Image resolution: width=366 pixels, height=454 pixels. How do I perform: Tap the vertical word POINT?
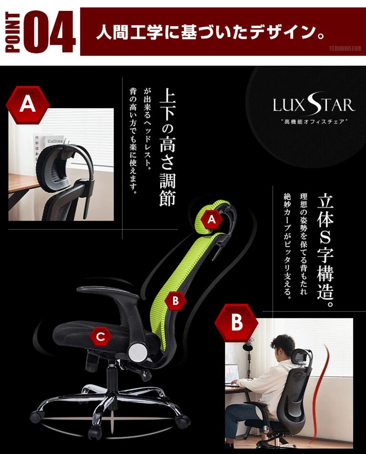click(x=12, y=32)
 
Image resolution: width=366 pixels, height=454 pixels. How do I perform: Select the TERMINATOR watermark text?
click(x=345, y=49)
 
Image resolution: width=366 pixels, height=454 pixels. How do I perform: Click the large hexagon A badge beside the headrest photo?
click(x=28, y=104)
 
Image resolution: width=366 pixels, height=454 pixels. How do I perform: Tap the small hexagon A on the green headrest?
click(x=212, y=219)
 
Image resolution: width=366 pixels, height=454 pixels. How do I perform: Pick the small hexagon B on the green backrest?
click(x=175, y=301)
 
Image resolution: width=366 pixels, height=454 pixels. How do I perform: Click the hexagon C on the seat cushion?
click(x=100, y=337)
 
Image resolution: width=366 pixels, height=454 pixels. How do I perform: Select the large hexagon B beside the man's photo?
click(x=237, y=322)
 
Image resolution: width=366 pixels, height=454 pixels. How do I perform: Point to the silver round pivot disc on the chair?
click(x=138, y=352)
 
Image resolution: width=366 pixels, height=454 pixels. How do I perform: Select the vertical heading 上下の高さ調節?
click(x=167, y=147)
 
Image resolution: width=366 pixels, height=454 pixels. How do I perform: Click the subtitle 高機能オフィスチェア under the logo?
click(x=314, y=122)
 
